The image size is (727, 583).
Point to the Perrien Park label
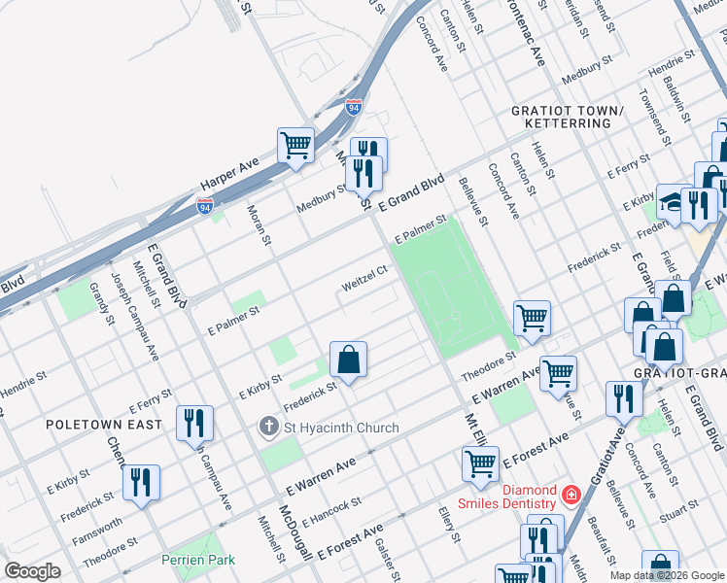point(198,560)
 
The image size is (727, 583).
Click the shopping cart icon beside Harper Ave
point(295,146)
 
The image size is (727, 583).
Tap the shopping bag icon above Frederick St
point(348,360)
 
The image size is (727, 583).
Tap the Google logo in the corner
point(32,571)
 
